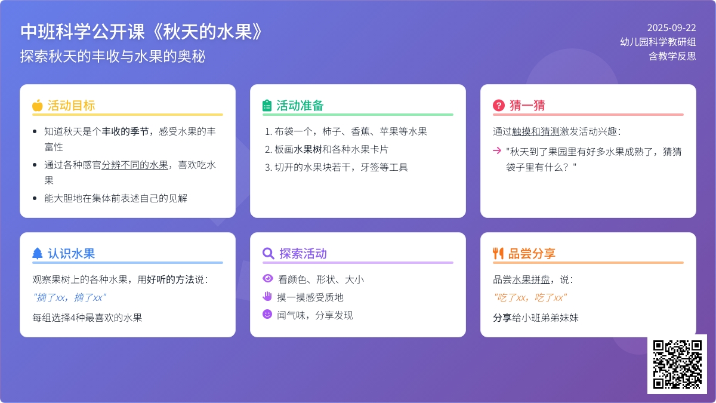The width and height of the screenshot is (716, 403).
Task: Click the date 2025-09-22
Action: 672,28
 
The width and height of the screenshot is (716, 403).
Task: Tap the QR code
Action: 677,364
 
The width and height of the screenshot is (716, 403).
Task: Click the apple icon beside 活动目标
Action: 38,105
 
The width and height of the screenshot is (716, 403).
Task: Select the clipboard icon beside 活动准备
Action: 267,105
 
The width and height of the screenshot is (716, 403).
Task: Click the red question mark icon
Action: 499,105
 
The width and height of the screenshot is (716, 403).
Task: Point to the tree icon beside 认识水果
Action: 38,253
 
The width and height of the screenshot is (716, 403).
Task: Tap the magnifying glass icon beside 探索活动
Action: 268,253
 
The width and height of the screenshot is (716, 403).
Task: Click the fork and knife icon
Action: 498,253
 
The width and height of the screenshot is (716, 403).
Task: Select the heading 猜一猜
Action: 527,105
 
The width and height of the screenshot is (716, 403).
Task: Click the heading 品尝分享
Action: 532,253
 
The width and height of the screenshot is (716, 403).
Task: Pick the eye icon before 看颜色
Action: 268,279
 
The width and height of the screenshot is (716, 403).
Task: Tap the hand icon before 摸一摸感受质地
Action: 267,297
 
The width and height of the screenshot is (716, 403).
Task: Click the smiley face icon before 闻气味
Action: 267,314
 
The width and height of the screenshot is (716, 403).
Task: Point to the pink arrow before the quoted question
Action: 497,150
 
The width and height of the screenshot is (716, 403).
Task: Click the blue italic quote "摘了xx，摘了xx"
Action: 69,297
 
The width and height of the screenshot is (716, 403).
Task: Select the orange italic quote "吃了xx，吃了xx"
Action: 530,297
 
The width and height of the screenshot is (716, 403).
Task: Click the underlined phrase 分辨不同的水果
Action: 135,165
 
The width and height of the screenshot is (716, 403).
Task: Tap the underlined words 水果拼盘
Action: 531,279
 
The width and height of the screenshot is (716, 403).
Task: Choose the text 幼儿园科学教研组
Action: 658,42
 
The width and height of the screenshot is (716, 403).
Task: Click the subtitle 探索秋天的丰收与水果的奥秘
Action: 113,56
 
